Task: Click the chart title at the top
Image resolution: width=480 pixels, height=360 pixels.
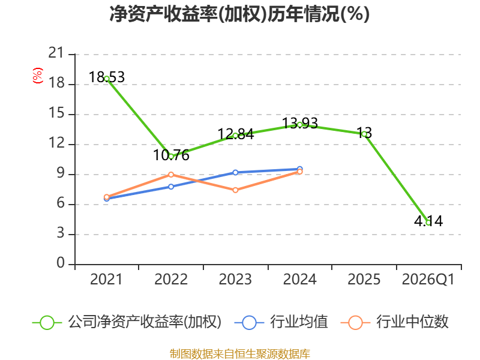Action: point(239,14)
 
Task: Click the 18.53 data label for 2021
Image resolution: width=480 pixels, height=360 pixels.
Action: point(107,77)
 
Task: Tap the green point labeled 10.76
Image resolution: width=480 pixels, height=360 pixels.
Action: point(171,157)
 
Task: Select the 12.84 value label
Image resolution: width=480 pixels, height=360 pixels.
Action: point(236,134)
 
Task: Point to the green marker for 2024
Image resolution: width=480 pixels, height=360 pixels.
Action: point(299,125)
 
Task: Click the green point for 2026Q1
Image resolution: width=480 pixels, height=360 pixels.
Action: point(428,223)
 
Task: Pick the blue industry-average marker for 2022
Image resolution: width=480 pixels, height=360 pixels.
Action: point(171,187)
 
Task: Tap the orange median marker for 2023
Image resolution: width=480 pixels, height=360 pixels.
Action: point(235,190)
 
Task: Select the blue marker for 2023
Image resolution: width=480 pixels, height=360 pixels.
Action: point(235,173)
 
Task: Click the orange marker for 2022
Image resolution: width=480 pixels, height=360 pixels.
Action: point(171,175)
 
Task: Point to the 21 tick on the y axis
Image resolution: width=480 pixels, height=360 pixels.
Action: point(56,53)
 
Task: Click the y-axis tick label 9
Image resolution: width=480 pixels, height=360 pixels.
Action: point(61,173)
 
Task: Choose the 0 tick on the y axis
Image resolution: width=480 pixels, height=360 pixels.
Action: point(61,263)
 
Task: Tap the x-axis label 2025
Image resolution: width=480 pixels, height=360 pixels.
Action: point(364,280)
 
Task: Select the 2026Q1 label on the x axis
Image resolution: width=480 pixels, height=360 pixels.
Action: point(428,280)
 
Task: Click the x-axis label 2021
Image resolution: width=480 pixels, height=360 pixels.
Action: point(106,280)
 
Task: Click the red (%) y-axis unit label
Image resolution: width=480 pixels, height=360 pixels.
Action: point(38,76)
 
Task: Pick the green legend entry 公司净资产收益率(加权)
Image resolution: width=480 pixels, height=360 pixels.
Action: point(127,322)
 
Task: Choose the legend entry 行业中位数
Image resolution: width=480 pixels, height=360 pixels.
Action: point(395,322)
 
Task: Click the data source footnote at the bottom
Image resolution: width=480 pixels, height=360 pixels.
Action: point(240,354)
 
